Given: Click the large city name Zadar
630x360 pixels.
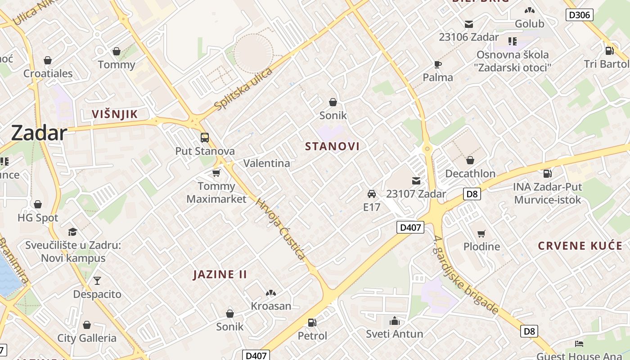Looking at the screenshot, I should point(39,133).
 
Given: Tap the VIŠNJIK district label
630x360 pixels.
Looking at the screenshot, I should point(114,114).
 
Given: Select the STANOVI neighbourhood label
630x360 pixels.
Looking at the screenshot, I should point(332,147).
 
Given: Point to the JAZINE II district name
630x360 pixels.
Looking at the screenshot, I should point(220,274).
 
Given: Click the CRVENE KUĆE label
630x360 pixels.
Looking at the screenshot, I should point(580,246).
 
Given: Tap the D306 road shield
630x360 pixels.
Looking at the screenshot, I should point(579,15).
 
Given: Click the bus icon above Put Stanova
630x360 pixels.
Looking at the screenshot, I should point(205,138).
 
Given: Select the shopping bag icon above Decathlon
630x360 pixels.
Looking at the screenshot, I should point(470,160).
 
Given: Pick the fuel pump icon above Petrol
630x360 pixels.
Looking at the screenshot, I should point(312,323).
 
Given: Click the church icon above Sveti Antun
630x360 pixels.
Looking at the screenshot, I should point(395,321).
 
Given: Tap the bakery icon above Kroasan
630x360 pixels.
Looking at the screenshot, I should point(271,293).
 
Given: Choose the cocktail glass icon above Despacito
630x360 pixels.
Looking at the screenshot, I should point(97,281).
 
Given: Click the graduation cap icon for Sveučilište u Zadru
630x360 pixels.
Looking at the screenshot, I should point(72,232).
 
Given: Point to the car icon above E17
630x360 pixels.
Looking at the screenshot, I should point(372,194).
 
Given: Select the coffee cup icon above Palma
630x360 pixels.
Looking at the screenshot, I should point(437,64).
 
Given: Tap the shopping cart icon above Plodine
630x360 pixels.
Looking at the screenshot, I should point(481,234).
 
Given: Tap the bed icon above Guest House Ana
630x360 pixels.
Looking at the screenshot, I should point(579,344).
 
